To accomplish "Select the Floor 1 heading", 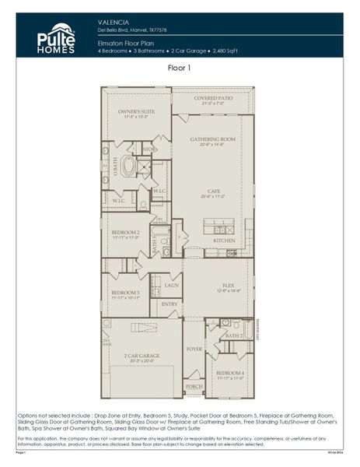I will [180, 68].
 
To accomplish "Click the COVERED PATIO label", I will [213, 99].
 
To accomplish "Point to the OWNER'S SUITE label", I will [136, 112].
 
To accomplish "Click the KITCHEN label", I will [224, 241].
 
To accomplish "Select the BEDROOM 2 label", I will [125, 233].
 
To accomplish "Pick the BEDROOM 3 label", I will [125, 293].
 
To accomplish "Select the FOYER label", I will [194, 349].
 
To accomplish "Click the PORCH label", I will [194, 386].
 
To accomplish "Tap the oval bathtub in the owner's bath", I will [126, 167].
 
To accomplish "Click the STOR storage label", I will [149, 149].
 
